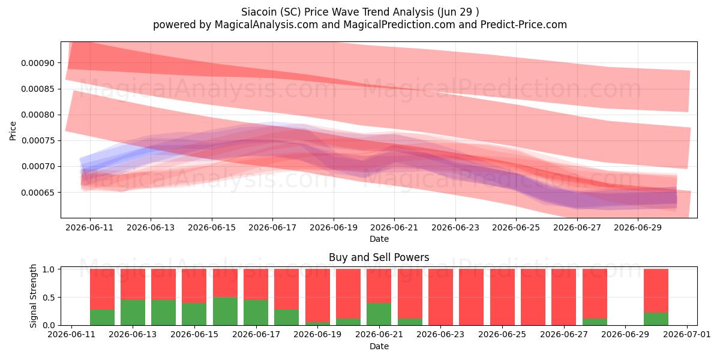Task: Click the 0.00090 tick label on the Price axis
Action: pyautogui.click(x=38, y=63)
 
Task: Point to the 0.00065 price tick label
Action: pyautogui.click(x=38, y=193)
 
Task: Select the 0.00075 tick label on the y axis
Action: pyautogui.click(x=38, y=141)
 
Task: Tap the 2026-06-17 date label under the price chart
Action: pyautogui.click(x=272, y=227)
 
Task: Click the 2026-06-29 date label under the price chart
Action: pyautogui.click(x=638, y=227)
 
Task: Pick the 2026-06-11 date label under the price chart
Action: pyautogui.click(x=89, y=227)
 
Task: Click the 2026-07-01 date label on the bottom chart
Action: pyautogui.click(x=687, y=334)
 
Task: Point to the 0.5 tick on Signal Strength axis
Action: pyautogui.click(x=49, y=298)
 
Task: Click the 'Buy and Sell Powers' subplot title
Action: pyautogui.click(x=379, y=257)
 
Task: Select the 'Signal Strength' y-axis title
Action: pyautogui.click(x=33, y=296)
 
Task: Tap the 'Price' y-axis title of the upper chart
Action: pyautogui.click(x=13, y=131)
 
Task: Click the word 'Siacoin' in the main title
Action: pyautogui.click(x=259, y=12)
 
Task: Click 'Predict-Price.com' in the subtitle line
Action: pyautogui.click(x=524, y=25)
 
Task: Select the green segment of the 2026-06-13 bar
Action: pyautogui.click(x=133, y=313)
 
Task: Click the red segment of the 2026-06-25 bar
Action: pyautogui.click(x=502, y=297)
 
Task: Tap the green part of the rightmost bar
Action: pyautogui.click(x=656, y=319)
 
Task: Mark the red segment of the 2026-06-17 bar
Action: pyautogui.click(x=256, y=284)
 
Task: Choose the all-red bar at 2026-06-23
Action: pyautogui.click(x=440, y=297)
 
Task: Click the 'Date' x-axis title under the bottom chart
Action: pyautogui.click(x=379, y=346)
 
